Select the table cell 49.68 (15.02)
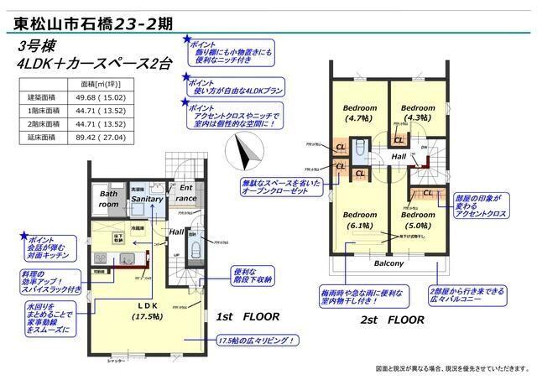click(103, 97)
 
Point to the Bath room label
click(109, 199)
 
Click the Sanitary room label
click(147, 200)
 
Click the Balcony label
click(388, 263)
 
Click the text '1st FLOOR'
click(248, 318)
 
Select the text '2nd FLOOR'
click(393, 320)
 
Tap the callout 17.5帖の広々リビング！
click(256, 341)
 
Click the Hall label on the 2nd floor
click(399, 157)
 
